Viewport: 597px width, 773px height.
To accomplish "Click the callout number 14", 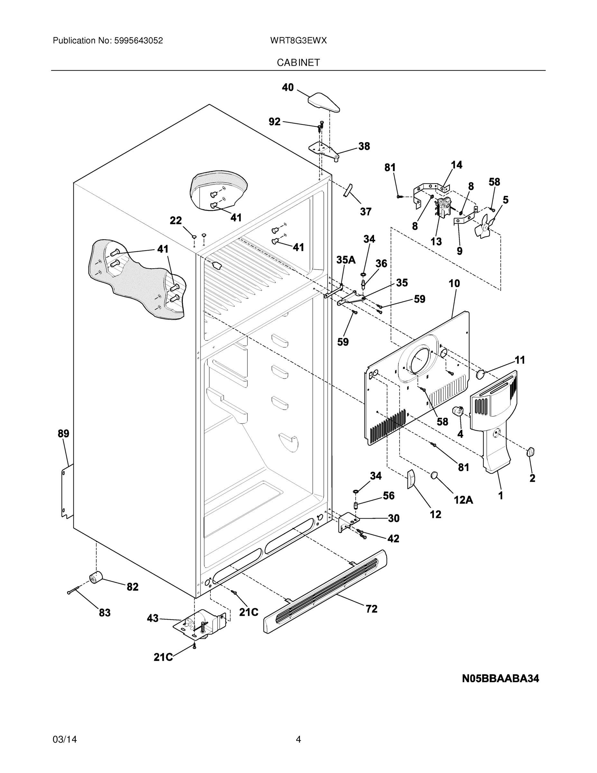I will coord(456,165).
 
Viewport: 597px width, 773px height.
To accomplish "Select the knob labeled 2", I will coord(530,452).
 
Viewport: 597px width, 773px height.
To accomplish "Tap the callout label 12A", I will coord(463,500).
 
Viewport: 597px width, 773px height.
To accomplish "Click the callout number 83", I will coord(104,613).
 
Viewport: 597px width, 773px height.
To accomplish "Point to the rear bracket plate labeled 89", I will coord(67,491).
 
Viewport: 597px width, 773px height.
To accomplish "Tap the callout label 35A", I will coord(346,260).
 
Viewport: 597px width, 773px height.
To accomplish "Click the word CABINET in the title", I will coord(298,63).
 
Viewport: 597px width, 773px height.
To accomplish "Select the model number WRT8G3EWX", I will coord(298,41).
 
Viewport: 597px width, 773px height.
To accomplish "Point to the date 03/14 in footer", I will coord(65,740).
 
